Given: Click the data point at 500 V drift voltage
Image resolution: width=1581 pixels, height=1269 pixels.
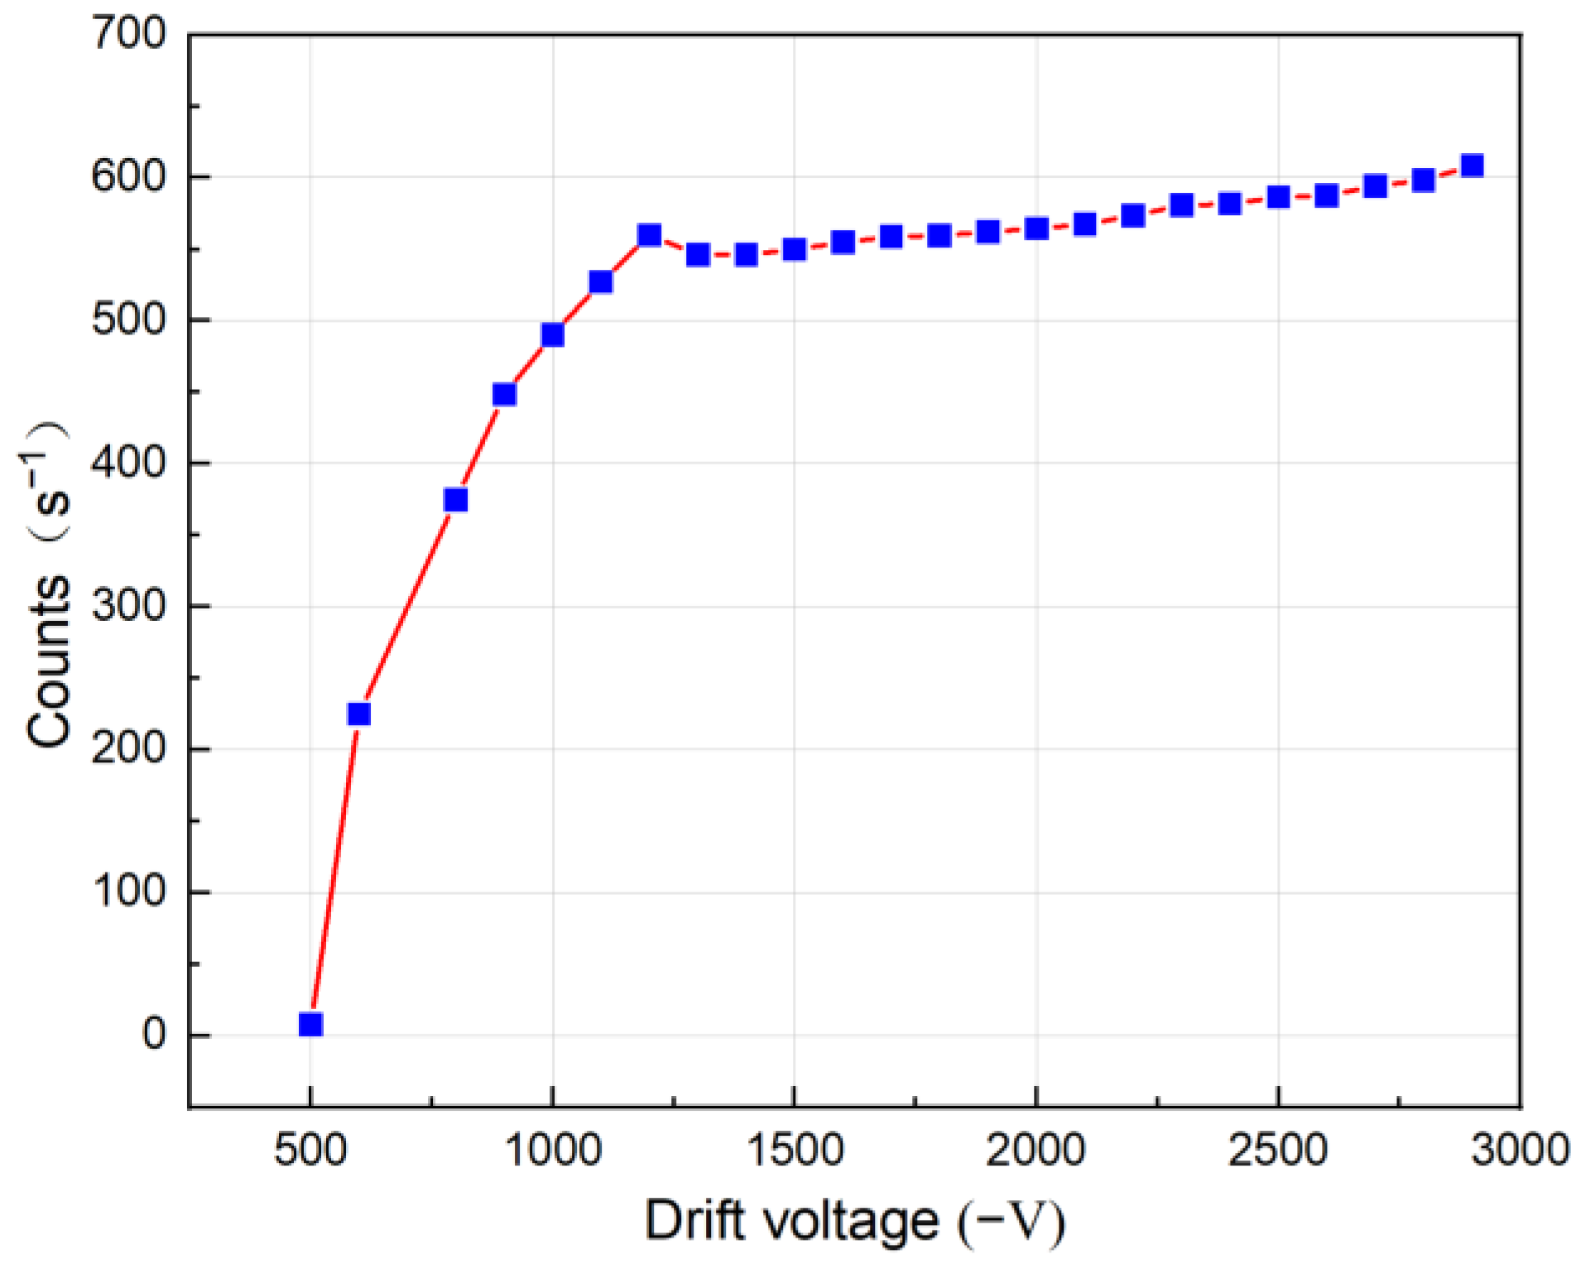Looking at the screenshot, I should pyautogui.click(x=310, y=1024).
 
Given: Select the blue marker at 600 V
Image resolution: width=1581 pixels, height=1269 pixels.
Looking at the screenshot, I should pyautogui.click(x=358, y=714).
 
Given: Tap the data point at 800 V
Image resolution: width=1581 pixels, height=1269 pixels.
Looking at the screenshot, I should pyautogui.click(x=455, y=500).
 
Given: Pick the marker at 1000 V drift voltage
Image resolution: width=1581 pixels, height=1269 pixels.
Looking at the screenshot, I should pyautogui.click(x=552, y=334).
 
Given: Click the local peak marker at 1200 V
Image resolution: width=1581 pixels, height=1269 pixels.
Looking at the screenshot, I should pyautogui.click(x=649, y=235).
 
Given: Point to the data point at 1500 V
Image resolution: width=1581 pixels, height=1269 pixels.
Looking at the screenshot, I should pyautogui.click(x=794, y=248).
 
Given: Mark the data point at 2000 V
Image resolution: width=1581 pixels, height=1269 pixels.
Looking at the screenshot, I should pyautogui.click(x=1036, y=228).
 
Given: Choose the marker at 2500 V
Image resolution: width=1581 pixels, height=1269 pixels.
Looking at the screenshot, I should pyautogui.click(x=1278, y=197).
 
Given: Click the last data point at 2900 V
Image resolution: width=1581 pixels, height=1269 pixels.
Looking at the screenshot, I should pyautogui.click(x=1472, y=165).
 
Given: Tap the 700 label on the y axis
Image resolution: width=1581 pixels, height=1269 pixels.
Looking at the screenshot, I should pyautogui.click(x=129, y=35).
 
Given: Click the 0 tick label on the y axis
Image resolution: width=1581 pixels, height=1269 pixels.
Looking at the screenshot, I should pyautogui.click(x=154, y=1035).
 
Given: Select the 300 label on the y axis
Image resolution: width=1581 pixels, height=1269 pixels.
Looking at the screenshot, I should pyautogui.click(x=129, y=606).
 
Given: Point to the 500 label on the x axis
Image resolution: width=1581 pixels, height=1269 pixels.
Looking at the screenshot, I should pyautogui.click(x=310, y=1149).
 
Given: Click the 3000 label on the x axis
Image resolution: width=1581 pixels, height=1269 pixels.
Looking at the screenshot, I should pyautogui.click(x=1520, y=1149).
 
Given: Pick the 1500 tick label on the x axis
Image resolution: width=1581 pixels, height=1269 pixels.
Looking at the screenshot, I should pyautogui.click(x=794, y=1149).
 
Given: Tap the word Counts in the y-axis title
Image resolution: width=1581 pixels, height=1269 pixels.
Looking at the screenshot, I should pyautogui.click(x=48, y=662).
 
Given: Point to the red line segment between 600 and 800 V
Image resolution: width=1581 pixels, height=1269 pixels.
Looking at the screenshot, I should pyautogui.click(x=407, y=606).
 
